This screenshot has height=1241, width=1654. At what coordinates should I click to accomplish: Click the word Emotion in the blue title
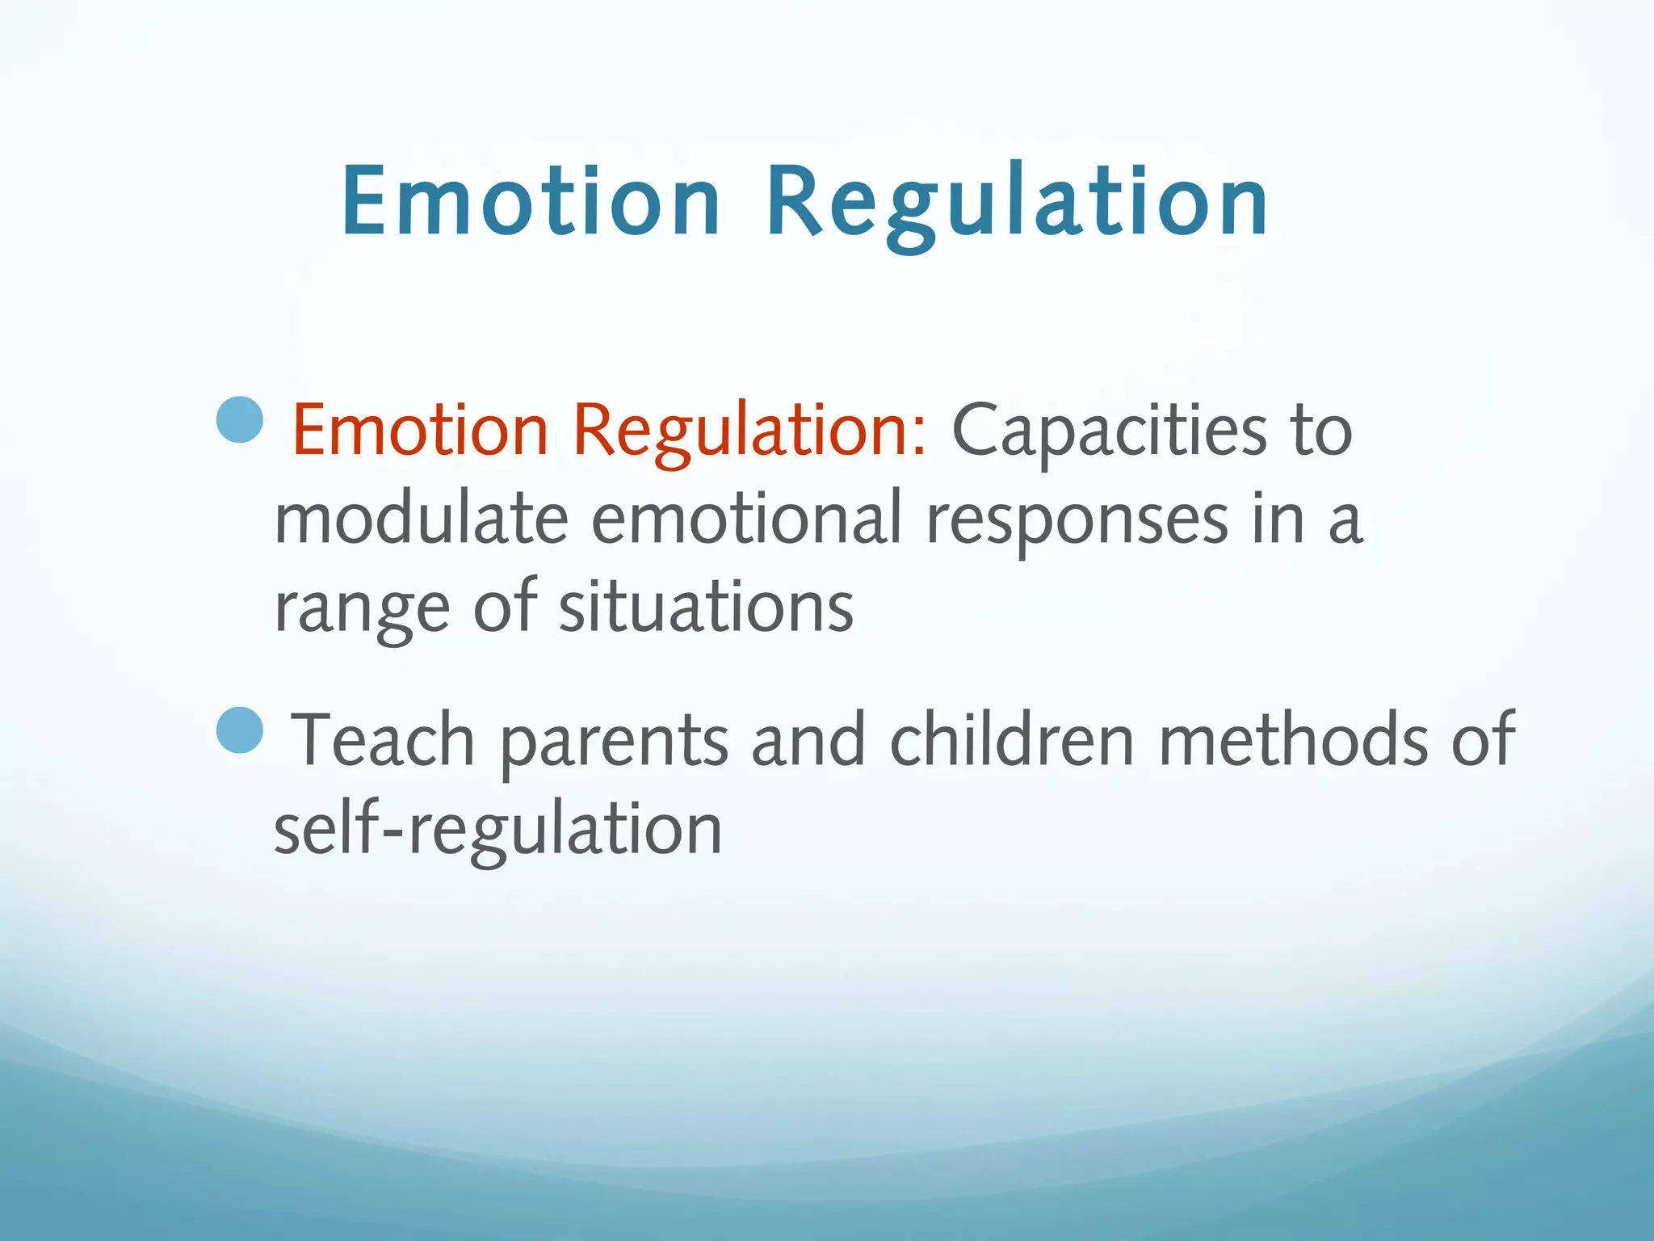pos(531,202)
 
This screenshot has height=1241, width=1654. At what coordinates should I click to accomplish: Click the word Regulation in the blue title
pos(1017,202)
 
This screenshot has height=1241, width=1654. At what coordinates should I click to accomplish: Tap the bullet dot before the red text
pos(241,419)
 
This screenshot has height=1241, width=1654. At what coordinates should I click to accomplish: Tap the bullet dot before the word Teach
pos(241,730)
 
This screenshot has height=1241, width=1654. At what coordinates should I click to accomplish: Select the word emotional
pos(746,520)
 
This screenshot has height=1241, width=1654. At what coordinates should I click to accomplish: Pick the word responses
pos(1077,520)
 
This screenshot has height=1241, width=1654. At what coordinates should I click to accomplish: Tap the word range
pos(362,608)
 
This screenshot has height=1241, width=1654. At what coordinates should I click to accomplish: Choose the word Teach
pos(383,740)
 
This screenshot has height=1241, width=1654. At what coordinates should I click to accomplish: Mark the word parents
pos(614,740)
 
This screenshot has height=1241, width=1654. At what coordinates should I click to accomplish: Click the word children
pos(1012,740)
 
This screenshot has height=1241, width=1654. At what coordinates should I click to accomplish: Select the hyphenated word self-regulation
pos(497,829)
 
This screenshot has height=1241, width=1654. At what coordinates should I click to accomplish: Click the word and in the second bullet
pos(808,740)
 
